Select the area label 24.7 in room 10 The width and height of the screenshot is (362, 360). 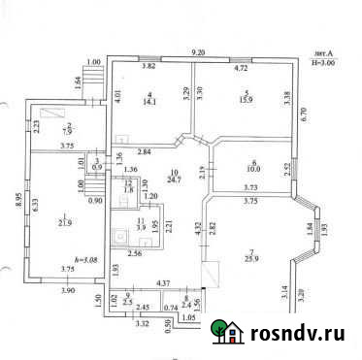(175, 180)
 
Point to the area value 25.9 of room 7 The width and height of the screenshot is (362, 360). (251, 257)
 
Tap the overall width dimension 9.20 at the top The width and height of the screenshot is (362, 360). (200, 50)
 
